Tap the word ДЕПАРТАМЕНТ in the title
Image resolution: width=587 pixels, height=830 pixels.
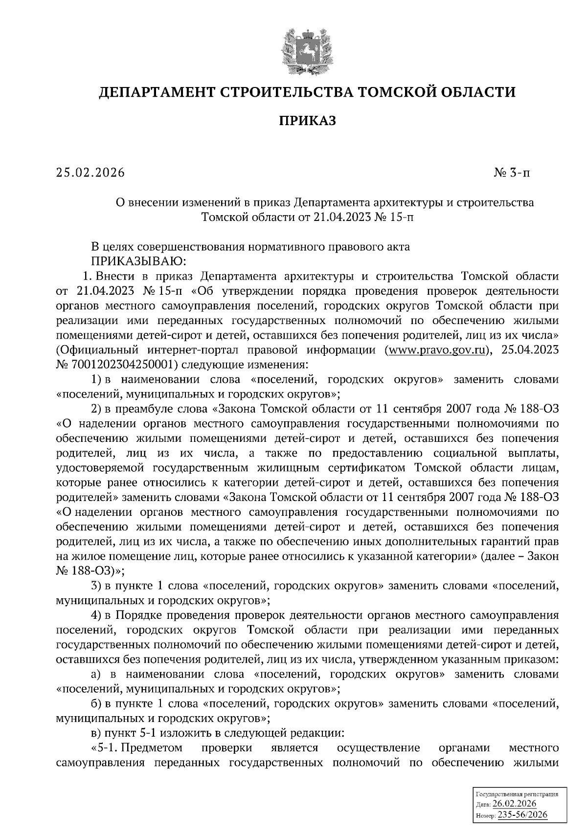coord(158,92)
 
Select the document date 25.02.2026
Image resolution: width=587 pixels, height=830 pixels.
coord(90,173)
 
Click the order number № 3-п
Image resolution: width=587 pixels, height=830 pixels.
coord(512,173)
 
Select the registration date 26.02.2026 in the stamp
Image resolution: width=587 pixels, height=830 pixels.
coord(515,804)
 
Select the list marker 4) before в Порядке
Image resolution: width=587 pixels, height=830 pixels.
coord(97,614)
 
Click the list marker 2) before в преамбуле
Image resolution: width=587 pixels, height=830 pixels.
coord(97,409)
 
